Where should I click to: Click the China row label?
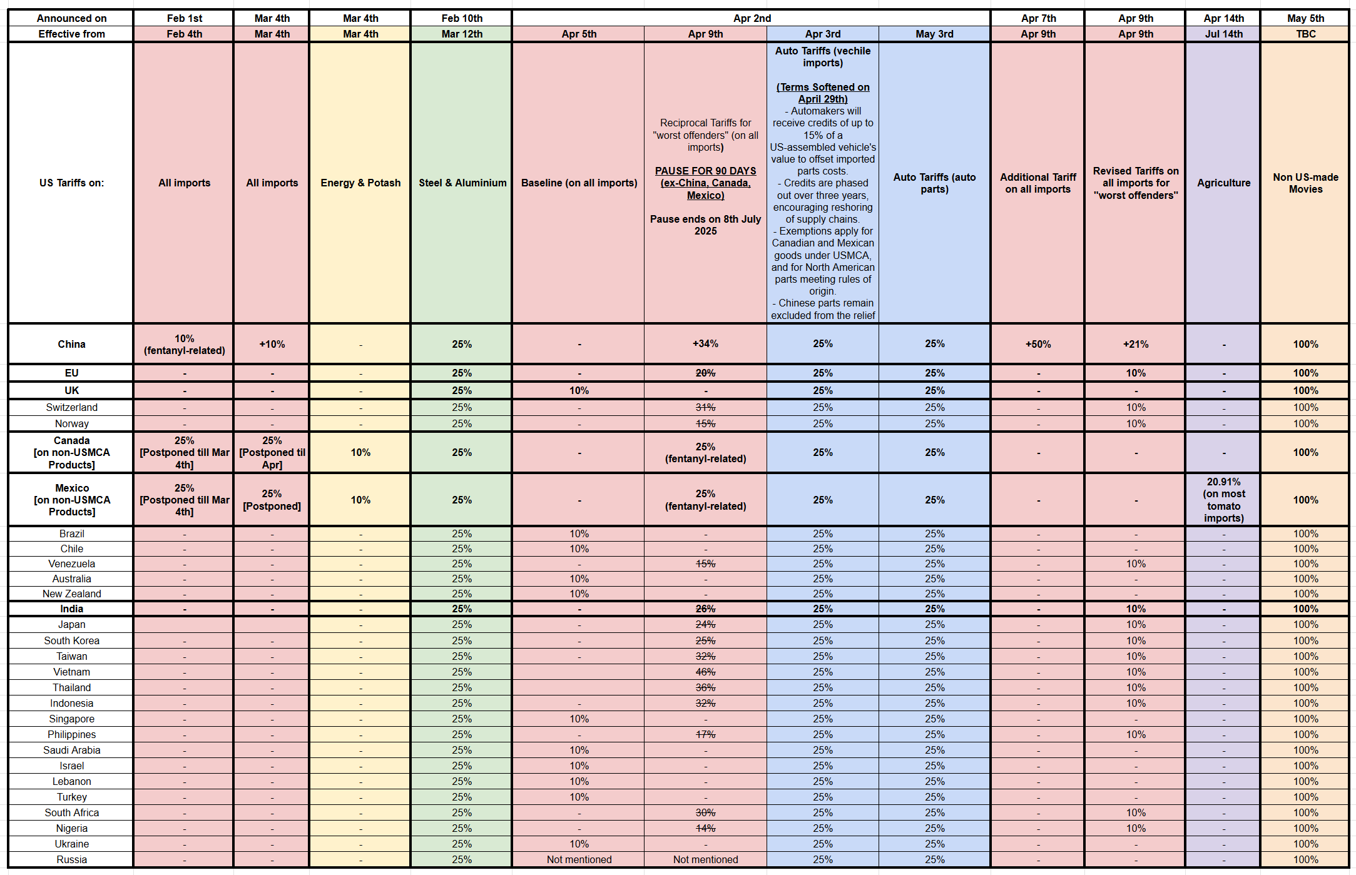[71, 344]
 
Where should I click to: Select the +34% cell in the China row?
[705, 344]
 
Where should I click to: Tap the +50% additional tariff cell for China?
[1037, 344]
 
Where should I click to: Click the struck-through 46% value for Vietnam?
[705, 672]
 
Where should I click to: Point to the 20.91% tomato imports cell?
[1223, 500]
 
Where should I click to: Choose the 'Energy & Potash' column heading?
[360, 183]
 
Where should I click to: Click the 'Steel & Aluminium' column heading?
[462, 183]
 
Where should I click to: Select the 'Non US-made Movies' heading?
[1305, 183]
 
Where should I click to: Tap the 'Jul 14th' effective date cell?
[1223, 34]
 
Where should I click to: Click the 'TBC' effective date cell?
[1305, 34]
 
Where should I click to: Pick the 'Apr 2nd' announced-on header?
[752, 18]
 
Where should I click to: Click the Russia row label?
[71, 859]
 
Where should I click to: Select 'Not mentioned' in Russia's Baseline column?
[579, 859]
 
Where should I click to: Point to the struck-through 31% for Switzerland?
[705, 407]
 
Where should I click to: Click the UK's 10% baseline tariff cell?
[579, 390]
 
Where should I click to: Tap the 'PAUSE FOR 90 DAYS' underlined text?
[705, 171]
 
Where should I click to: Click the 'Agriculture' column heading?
[1223, 183]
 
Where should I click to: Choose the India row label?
[71, 609]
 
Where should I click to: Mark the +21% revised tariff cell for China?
[1135, 344]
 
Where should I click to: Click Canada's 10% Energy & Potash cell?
[360, 452]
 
